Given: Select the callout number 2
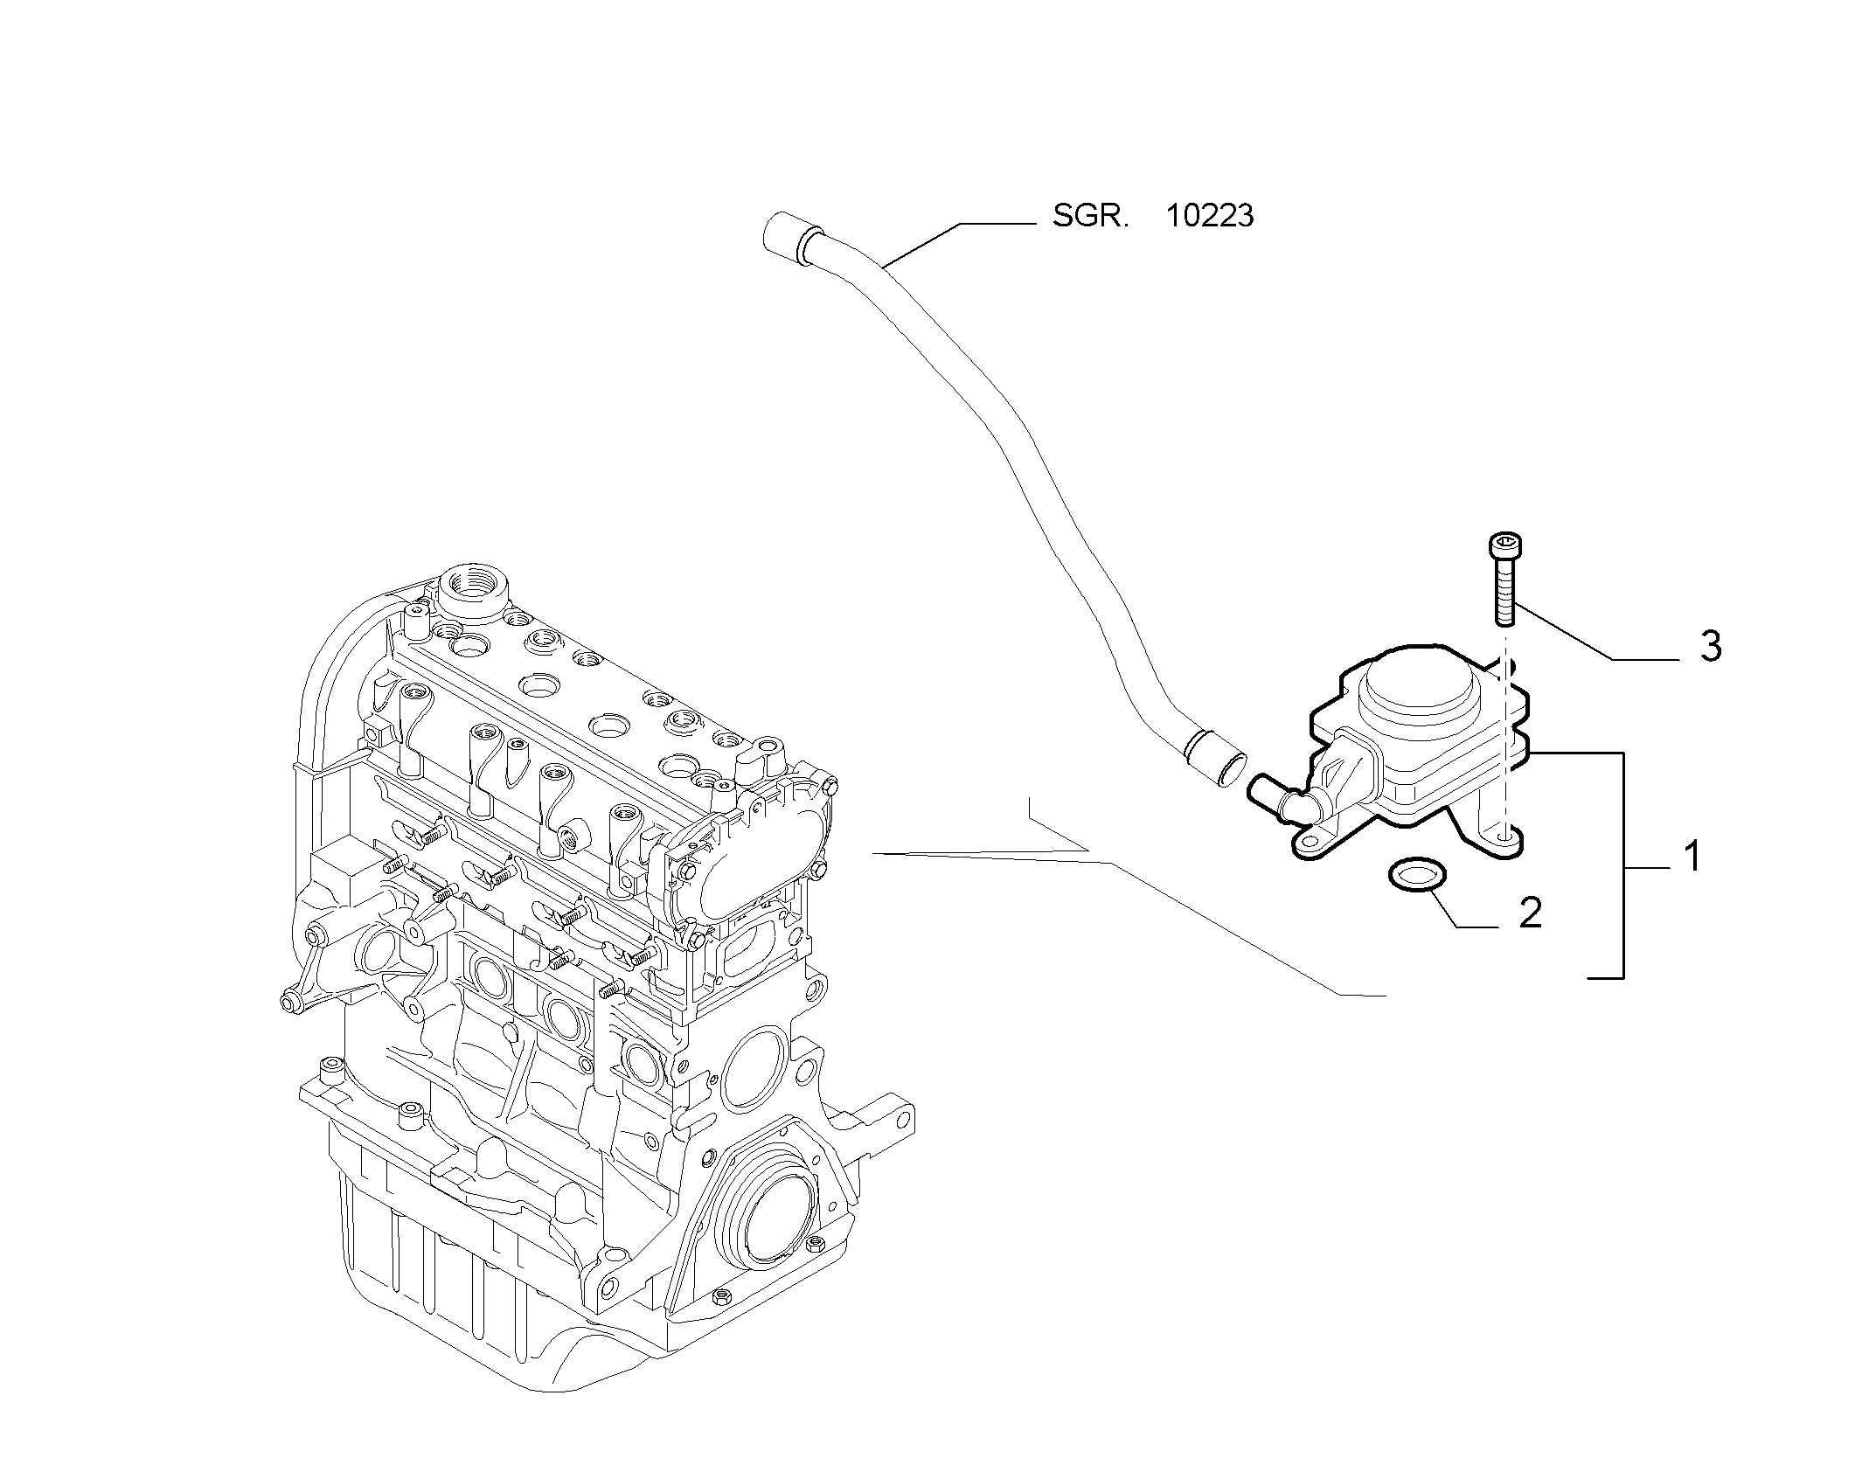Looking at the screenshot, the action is coord(1530,913).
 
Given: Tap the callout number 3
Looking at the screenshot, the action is coord(1711,646).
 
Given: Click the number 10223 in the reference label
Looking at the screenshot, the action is coord(1210,215).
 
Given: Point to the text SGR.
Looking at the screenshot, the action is coord(1091,215).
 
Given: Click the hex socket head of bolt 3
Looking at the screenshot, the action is coord(1503,545).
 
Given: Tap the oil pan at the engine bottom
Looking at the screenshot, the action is coord(490,1267).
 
